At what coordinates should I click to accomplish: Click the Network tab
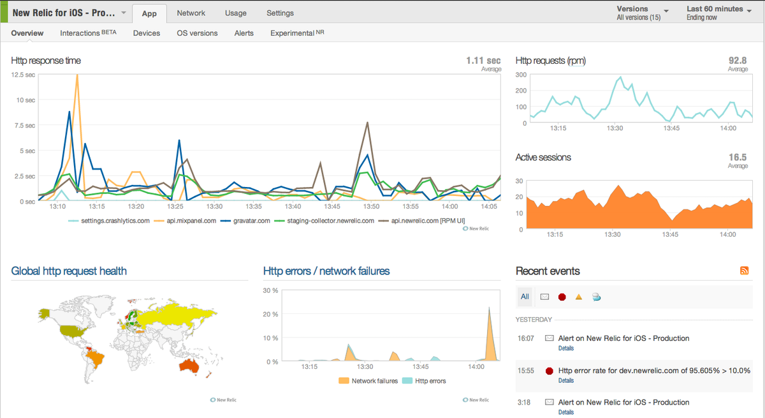(191, 13)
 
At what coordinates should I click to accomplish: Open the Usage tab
(236, 13)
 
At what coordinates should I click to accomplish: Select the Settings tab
(280, 13)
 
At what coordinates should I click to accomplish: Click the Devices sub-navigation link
(147, 33)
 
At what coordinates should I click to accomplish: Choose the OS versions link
(197, 33)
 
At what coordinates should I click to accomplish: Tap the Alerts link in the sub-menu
(244, 33)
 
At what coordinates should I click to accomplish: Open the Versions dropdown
(642, 13)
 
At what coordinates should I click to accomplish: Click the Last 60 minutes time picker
(718, 13)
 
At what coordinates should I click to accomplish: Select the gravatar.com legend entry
(248, 221)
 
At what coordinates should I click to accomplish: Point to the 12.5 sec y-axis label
(23, 75)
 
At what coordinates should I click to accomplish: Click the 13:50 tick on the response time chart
(372, 207)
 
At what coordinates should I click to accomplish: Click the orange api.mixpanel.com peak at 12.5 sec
(77, 76)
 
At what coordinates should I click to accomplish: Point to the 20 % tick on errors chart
(270, 314)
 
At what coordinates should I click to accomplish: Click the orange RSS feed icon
(744, 271)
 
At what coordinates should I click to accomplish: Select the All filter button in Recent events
(524, 297)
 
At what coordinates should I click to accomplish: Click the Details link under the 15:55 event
(565, 380)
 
